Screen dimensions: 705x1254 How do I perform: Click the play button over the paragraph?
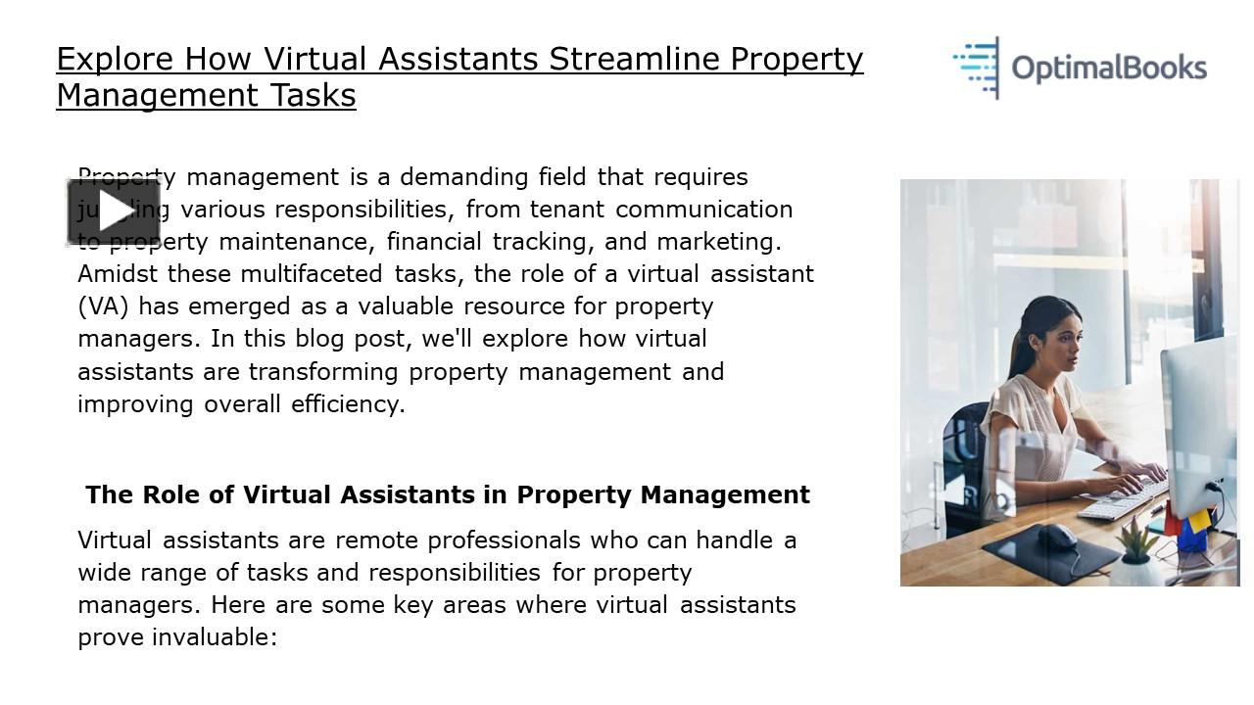click(x=114, y=211)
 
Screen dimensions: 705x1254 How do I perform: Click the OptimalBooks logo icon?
click(x=977, y=68)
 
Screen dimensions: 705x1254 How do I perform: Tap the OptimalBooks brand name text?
click(x=1109, y=69)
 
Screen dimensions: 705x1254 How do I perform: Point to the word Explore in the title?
click(x=116, y=59)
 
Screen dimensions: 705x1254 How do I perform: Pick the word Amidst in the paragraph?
click(x=118, y=273)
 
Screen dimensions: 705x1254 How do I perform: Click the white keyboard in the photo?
click(x=1122, y=499)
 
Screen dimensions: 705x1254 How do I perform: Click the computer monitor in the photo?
click(x=1198, y=421)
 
